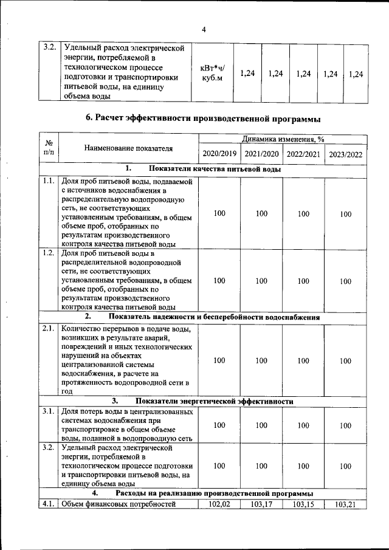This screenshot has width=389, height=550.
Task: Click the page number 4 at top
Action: tap(204, 29)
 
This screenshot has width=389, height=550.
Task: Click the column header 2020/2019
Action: tap(219, 154)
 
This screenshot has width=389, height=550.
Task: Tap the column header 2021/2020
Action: tap(261, 154)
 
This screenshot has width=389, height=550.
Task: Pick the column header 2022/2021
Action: tap(303, 154)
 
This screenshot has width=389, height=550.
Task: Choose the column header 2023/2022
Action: tap(345, 154)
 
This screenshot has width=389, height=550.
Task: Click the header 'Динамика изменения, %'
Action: tap(283, 139)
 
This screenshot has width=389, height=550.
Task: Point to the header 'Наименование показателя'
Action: tap(128, 148)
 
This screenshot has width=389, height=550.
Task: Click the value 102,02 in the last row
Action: tap(219, 504)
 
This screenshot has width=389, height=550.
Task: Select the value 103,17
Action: tap(261, 504)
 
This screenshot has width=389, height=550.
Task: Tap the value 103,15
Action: tap(303, 504)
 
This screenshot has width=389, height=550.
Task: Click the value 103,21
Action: tap(345, 504)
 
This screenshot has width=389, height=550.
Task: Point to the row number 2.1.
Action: tap(49, 329)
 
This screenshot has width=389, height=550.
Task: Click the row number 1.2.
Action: tap(49, 253)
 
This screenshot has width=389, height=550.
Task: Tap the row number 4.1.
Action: tap(49, 504)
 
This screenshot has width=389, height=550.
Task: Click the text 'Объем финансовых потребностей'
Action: tap(119, 504)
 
